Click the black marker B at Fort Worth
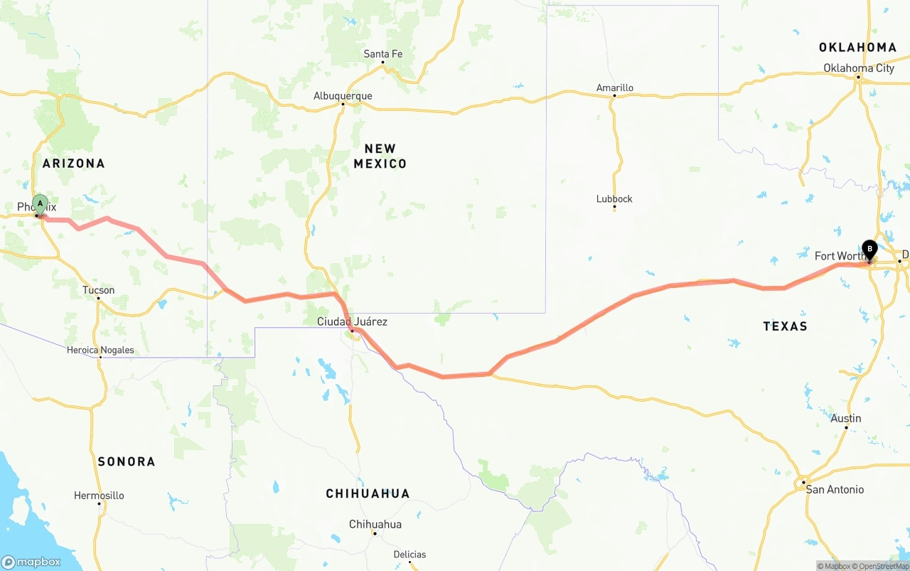869,250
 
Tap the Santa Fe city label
382,54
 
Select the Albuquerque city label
343,96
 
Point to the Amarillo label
614,88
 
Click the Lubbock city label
614,199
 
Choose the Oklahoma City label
859,68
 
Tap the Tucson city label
98,290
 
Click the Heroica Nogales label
100,350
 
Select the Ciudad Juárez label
352,321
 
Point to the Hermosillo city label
99,496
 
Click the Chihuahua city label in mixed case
375,525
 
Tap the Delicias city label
409,555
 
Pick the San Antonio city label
835,489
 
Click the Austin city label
846,418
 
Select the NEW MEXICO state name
380,156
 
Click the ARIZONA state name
73,164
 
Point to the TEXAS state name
785,326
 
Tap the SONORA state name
127,461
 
